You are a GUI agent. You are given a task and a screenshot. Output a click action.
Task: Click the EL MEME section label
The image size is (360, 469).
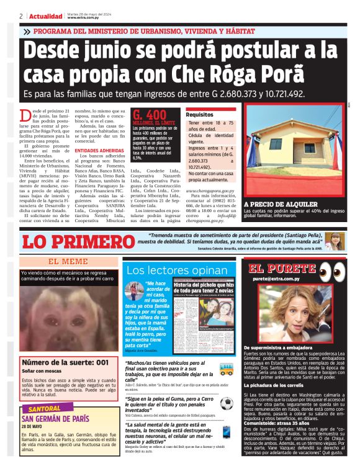click(68, 261)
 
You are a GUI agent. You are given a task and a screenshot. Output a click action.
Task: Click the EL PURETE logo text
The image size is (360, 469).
click(282, 268)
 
